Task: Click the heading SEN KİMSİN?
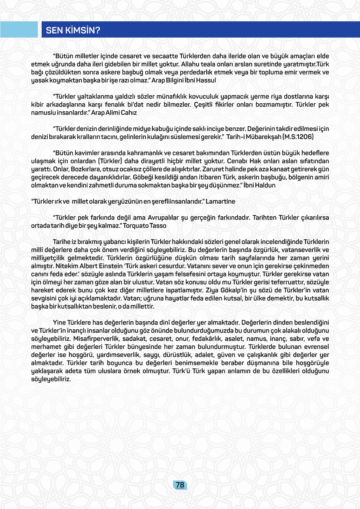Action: coord(73,30)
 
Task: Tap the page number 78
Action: coord(180,485)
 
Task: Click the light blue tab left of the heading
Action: coord(19,30)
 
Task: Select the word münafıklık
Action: coord(171,96)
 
